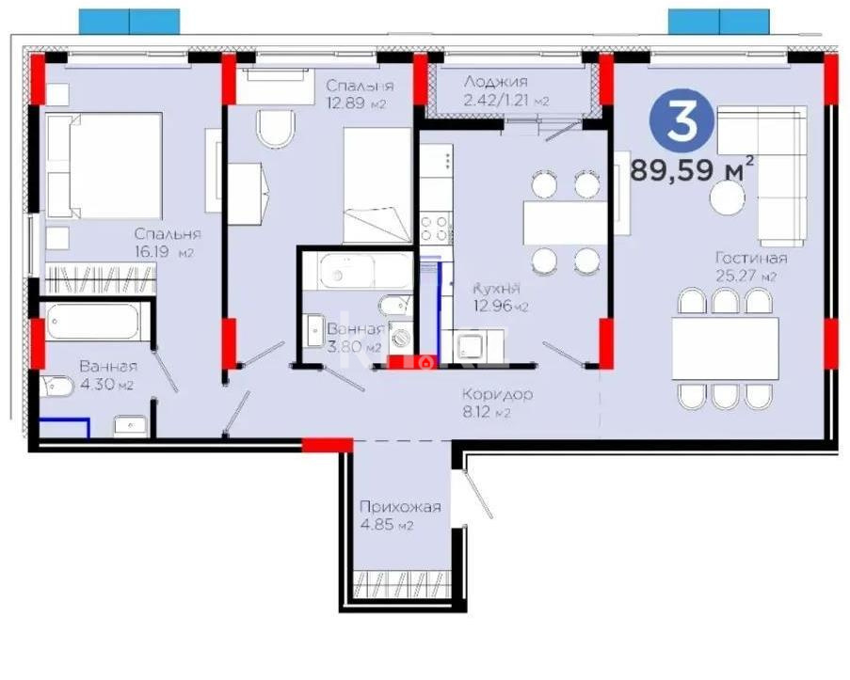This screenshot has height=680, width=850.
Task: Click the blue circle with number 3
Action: [x=682, y=122]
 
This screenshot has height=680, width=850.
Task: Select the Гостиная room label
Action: [x=750, y=258]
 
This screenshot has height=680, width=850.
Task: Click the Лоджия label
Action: [x=496, y=82]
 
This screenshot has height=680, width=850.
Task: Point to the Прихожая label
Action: [x=400, y=507]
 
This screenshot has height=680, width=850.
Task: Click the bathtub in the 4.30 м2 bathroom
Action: [x=93, y=324]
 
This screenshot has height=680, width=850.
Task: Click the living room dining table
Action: [x=725, y=348]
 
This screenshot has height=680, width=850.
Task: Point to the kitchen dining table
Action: [x=565, y=223]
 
